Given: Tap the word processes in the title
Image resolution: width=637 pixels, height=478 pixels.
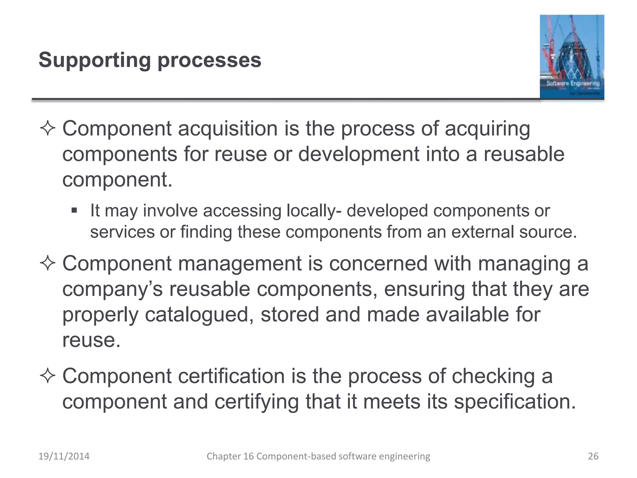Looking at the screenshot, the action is tap(209, 60).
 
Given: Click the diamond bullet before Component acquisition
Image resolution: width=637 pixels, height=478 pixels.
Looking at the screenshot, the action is tap(48, 129).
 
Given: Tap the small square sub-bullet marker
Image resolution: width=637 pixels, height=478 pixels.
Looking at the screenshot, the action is tap(74, 211).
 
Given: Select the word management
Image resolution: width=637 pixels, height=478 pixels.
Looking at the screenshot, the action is tap(240, 264).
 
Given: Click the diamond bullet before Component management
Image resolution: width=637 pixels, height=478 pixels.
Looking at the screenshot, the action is tap(48, 264).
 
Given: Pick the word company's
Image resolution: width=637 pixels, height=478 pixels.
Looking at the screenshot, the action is tap(113, 289).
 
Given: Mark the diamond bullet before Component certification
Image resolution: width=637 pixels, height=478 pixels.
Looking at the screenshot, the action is tap(48, 376).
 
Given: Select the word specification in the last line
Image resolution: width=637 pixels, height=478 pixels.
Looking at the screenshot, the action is tap(515, 402).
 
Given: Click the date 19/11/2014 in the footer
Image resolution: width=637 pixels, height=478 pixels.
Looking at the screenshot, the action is tap(64, 456).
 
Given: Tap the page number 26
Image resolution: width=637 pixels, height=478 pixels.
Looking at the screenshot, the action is tap(593, 456).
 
